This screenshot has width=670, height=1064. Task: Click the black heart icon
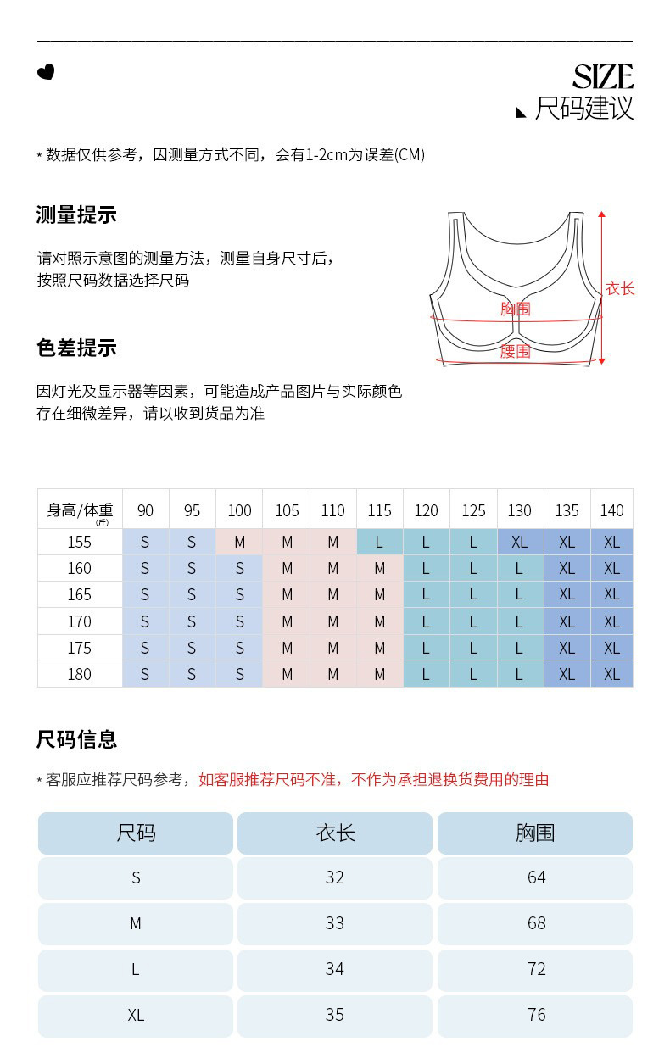click(46, 72)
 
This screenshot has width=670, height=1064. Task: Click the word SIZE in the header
click(602, 78)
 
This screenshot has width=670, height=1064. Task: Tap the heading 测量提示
click(76, 215)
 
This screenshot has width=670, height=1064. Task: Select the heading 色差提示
click(76, 348)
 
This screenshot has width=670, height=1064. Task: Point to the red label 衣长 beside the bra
click(620, 289)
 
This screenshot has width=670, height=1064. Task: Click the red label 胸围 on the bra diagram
click(515, 309)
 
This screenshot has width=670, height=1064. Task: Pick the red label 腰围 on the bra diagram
click(515, 351)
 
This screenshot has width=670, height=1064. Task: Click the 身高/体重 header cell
click(80, 510)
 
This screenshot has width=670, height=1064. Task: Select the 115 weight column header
click(379, 510)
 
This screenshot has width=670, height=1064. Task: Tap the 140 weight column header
click(611, 510)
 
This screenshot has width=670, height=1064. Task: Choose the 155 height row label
click(80, 543)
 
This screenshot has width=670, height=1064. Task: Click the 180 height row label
click(80, 674)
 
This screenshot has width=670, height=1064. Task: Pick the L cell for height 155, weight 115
click(379, 543)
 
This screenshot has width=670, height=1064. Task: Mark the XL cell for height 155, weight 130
click(520, 543)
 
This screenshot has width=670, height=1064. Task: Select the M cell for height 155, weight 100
click(239, 543)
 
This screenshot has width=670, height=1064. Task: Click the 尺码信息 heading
click(76, 739)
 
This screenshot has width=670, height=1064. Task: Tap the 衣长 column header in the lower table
click(335, 833)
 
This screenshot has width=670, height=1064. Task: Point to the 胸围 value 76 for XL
click(536, 1015)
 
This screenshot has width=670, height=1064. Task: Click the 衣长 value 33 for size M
click(335, 923)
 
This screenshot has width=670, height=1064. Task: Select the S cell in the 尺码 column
click(136, 878)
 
